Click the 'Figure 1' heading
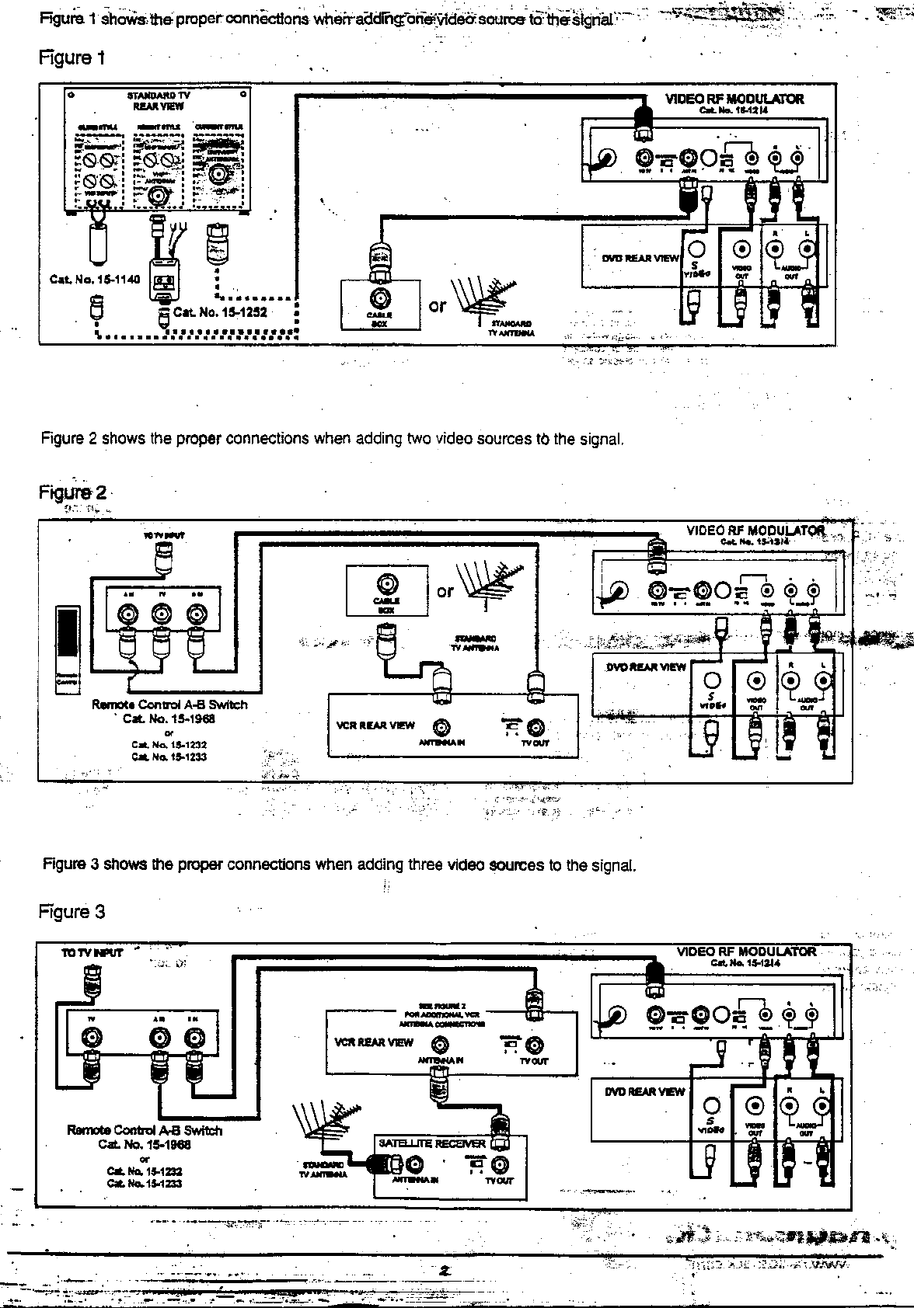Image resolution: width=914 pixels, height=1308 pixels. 72,57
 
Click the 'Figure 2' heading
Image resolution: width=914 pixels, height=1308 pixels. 73,492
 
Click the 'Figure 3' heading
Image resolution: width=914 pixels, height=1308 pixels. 72,912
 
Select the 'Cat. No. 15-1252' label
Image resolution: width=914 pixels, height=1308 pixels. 220,312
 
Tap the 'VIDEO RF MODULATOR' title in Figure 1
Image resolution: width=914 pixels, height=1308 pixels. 734,99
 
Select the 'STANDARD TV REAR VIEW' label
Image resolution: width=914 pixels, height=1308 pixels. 158,100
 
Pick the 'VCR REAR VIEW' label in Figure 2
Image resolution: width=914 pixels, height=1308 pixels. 376,725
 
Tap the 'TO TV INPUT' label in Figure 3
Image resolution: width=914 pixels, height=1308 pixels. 92,953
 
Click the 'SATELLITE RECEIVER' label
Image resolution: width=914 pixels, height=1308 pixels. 431,1143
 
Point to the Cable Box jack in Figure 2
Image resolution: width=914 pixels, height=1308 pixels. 386,583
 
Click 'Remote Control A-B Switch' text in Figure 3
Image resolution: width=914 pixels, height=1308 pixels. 145,1131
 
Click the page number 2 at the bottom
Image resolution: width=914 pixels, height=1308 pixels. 445,1271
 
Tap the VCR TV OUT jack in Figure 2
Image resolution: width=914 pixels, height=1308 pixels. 536,728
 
